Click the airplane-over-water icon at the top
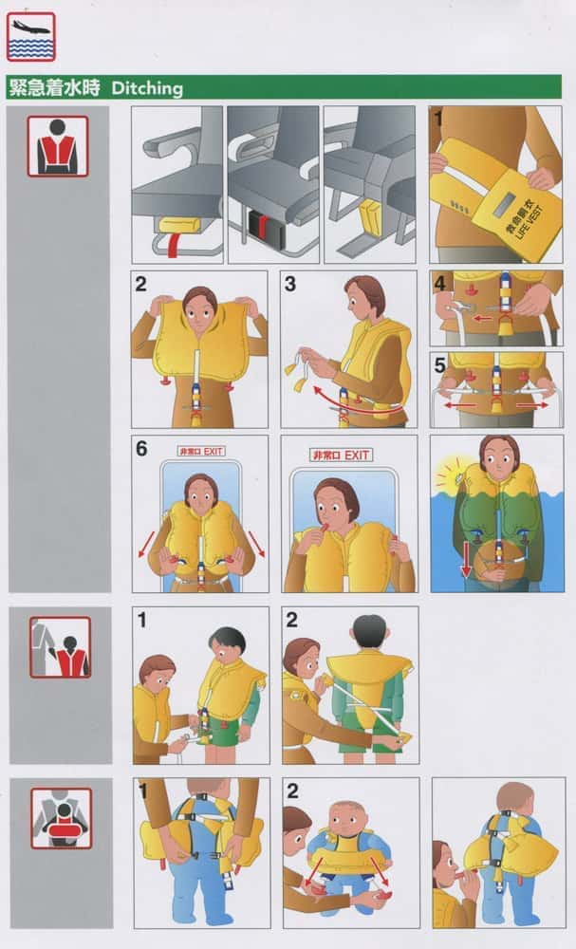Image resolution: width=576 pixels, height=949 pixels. [31, 36]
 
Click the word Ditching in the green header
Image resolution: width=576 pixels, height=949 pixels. [147, 88]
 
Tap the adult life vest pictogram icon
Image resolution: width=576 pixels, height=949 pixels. [58, 146]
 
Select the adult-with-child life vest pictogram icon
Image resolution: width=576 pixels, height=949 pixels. [60, 647]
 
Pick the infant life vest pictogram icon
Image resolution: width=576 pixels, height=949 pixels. [61, 818]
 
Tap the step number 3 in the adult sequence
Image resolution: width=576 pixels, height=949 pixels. [289, 284]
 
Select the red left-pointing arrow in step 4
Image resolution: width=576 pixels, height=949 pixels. [482, 318]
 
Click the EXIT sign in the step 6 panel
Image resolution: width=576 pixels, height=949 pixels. [201, 451]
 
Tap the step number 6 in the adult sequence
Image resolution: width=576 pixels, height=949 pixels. [141, 449]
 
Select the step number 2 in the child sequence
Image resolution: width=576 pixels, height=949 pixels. [291, 620]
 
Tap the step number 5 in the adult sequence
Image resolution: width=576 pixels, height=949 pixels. [440, 365]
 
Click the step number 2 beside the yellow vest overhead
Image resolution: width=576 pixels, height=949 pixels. [141, 284]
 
